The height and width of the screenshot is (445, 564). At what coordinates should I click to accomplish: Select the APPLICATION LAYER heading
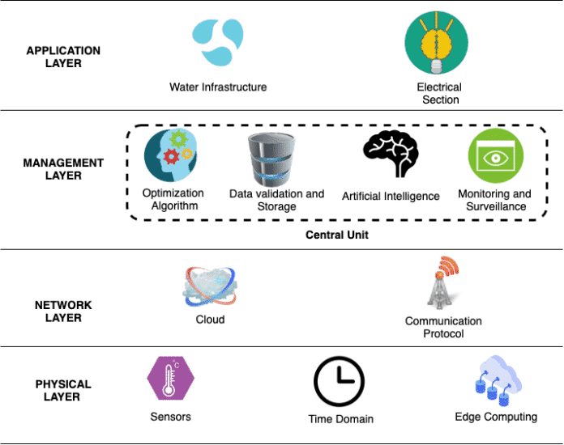point(64,56)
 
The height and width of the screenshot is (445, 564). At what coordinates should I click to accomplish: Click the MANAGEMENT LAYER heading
point(64,169)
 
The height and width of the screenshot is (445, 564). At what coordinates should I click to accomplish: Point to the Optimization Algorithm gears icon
point(170,156)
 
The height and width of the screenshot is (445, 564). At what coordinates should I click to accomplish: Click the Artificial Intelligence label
point(391,196)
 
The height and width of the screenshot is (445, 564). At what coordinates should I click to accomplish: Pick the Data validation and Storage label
point(276,200)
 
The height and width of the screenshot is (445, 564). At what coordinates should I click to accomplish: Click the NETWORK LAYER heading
point(64,311)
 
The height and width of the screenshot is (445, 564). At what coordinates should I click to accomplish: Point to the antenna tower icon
point(444,283)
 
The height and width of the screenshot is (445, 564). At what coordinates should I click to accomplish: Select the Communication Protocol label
point(443,327)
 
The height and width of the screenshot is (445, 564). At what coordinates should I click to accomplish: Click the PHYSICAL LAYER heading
point(64,391)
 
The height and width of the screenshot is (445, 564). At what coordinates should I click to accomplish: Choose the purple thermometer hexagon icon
point(170,379)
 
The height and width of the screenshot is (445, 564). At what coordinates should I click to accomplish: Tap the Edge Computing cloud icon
point(495,380)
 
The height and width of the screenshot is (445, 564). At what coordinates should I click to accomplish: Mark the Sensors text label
point(170,416)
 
